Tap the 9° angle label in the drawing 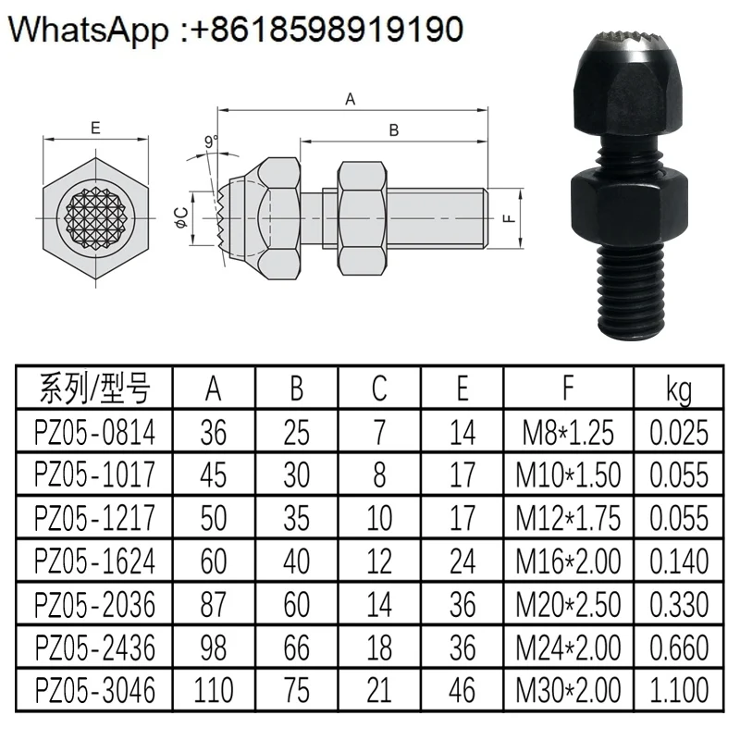[212, 142]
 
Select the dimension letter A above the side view [350, 99]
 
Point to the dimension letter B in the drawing [394, 130]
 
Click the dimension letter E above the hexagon [96, 128]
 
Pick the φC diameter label [181, 218]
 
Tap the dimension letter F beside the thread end [508, 218]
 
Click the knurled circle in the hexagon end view [96, 218]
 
